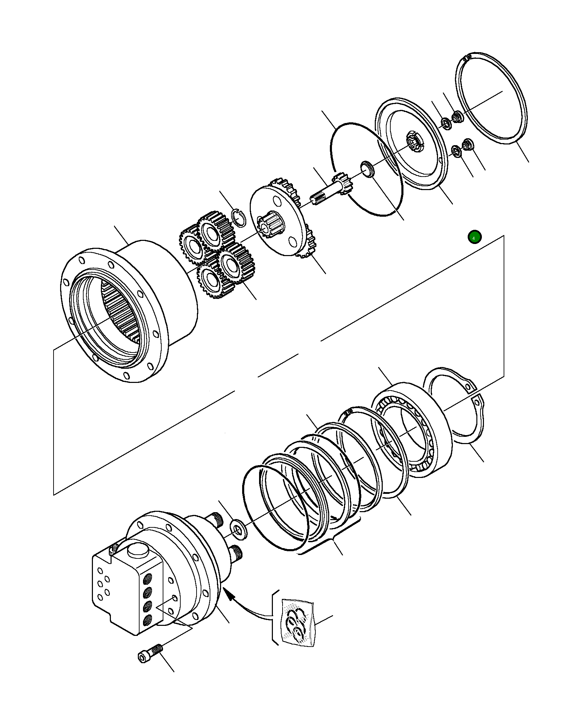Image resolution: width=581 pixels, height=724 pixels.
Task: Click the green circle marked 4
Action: click(474, 237)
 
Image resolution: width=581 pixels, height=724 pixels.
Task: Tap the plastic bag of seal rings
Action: click(297, 622)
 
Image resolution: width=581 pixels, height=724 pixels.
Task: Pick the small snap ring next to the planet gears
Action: click(239, 218)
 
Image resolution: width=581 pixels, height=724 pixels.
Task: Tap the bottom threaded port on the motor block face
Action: click(148, 619)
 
